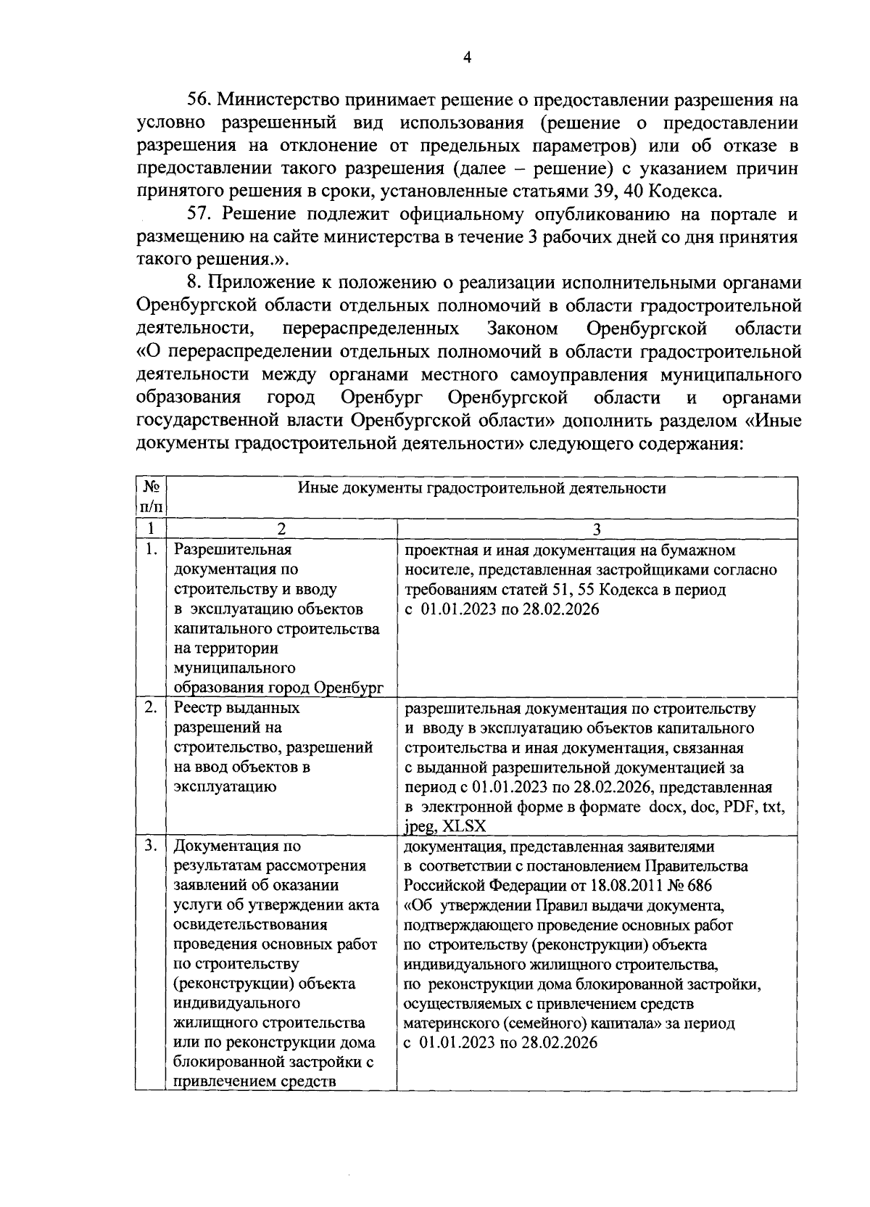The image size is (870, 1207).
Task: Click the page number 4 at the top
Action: click(467, 59)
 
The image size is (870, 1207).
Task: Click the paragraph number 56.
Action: click(200, 99)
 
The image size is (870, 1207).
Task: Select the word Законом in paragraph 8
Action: click(523, 329)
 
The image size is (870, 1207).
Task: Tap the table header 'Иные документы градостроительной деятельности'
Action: click(482, 487)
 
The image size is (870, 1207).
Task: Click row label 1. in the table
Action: click(151, 550)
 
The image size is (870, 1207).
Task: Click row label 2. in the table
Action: click(151, 707)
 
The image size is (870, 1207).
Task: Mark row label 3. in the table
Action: click(151, 846)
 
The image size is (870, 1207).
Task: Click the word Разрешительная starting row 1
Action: click(233, 550)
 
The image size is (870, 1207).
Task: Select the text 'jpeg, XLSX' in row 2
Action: click(445, 826)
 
